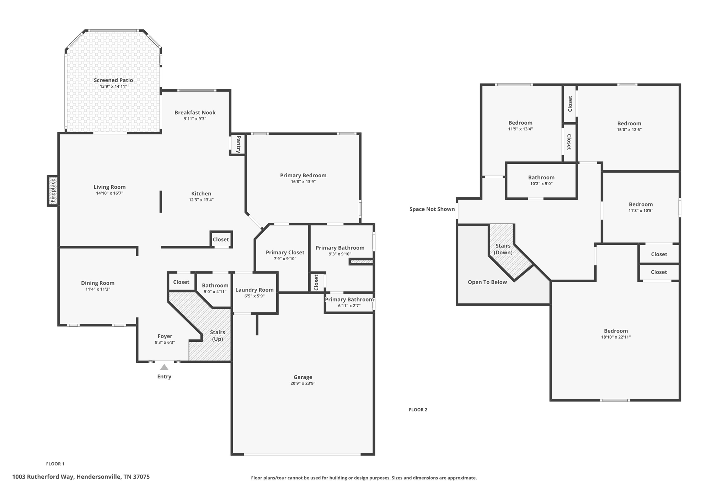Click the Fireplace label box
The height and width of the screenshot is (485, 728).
pyautogui.click(x=53, y=191)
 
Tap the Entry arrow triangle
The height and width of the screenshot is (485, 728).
pyautogui.click(x=164, y=367)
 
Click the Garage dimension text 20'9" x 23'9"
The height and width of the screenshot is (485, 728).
pyautogui.click(x=303, y=383)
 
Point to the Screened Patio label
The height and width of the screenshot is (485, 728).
pyautogui.click(x=113, y=80)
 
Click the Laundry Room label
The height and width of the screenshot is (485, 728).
pyautogui.click(x=255, y=290)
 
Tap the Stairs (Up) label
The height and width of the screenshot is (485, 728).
pyautogui.click(x=217, y=335)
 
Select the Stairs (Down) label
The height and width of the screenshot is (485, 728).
pyautogui.click(x=503, y=249)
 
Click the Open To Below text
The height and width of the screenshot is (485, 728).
pyautogui.click(x=487, y=282)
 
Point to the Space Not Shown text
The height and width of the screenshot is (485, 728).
pyautogui.click(x=432, y=209)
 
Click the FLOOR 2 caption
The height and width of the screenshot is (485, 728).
pyautogui.click(x=418, y=410)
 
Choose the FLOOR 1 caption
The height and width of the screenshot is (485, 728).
pyautogui.click(x=55, y=464)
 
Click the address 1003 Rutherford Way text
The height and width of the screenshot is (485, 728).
pyautogui.click(x=81, y=477)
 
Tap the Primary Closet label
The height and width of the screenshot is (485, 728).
pyautogui.click(x=285, y=252)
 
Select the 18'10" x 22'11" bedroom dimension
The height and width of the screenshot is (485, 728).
pyautogui.click(x=616, y=337)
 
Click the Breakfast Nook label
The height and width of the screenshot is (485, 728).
pyautogui.click(x=195, y=112)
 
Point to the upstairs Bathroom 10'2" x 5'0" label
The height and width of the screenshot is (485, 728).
pyautogui.click(x=541, y=177)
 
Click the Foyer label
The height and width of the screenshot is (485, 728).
pyautogui.click(x=165, y=336)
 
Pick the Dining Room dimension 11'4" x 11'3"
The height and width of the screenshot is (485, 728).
pyautogui.click(x=98, y=289)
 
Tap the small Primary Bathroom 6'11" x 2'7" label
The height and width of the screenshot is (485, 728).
pyautogui.click(x=349, y=300)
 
